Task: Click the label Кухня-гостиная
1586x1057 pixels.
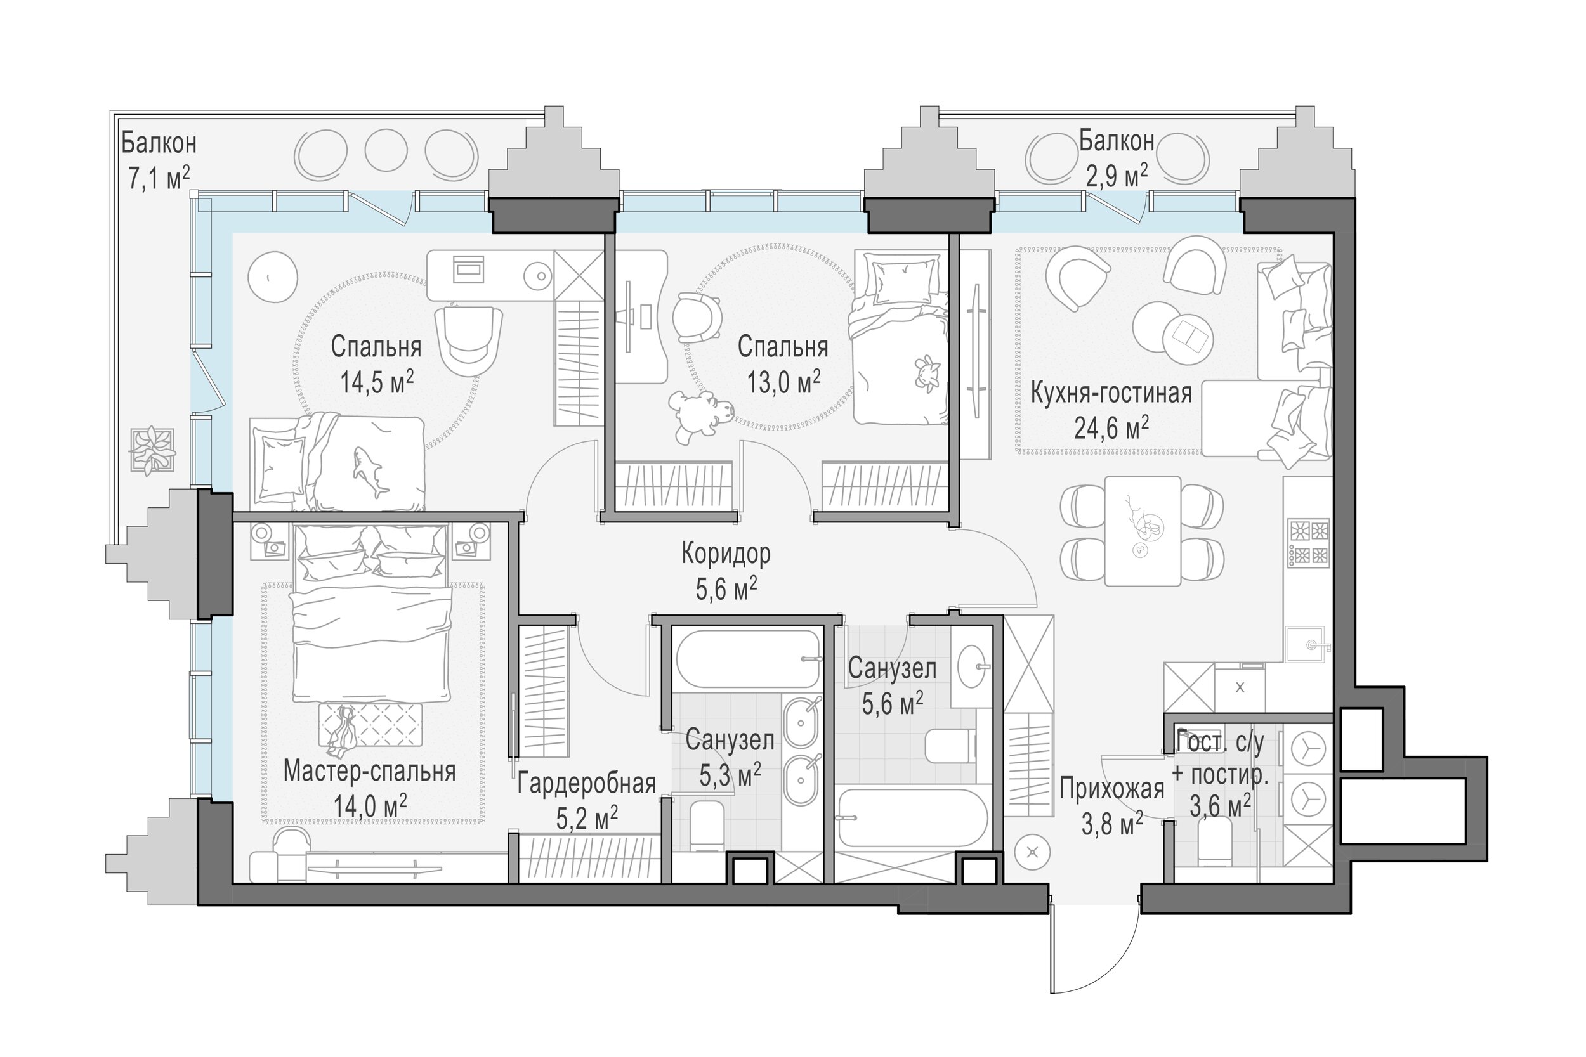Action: click(1111, 392)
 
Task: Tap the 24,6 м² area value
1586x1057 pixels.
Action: click(1111, 427)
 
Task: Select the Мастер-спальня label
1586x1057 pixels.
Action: click(369, 770)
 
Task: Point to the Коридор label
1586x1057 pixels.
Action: click(726, 554)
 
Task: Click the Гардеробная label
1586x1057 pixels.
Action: click(587, 783)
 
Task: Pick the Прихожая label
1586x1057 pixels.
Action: click(1112, 789)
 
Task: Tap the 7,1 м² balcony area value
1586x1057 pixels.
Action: click(159, 179)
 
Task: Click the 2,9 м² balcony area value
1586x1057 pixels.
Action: click(1117, 175)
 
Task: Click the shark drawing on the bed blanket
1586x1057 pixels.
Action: click(369, 470)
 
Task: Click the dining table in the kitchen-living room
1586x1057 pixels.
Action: click(1143, 531)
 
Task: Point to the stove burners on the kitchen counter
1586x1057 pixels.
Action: click(1308, 542)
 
